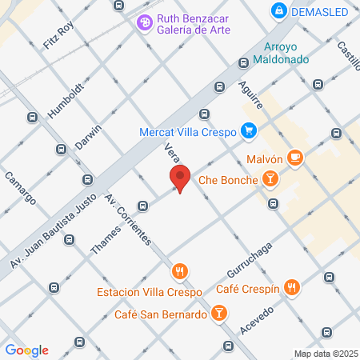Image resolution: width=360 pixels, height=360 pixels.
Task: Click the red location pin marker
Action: [180, 178]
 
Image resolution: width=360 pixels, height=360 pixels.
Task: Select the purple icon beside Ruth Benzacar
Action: [144, 22]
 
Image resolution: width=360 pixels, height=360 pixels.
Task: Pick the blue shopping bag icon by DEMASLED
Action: [278, 11]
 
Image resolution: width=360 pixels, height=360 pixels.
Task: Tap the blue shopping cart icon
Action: [249, 130]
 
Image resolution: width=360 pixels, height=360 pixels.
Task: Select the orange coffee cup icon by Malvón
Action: [296, 158]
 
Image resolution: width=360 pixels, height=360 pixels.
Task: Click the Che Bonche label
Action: [228, 180]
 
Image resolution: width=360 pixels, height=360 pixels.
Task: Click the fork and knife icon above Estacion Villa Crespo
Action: [180, 271]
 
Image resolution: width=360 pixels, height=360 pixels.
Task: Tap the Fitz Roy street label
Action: [58, 36]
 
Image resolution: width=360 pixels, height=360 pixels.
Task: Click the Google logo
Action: [27, 350]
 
